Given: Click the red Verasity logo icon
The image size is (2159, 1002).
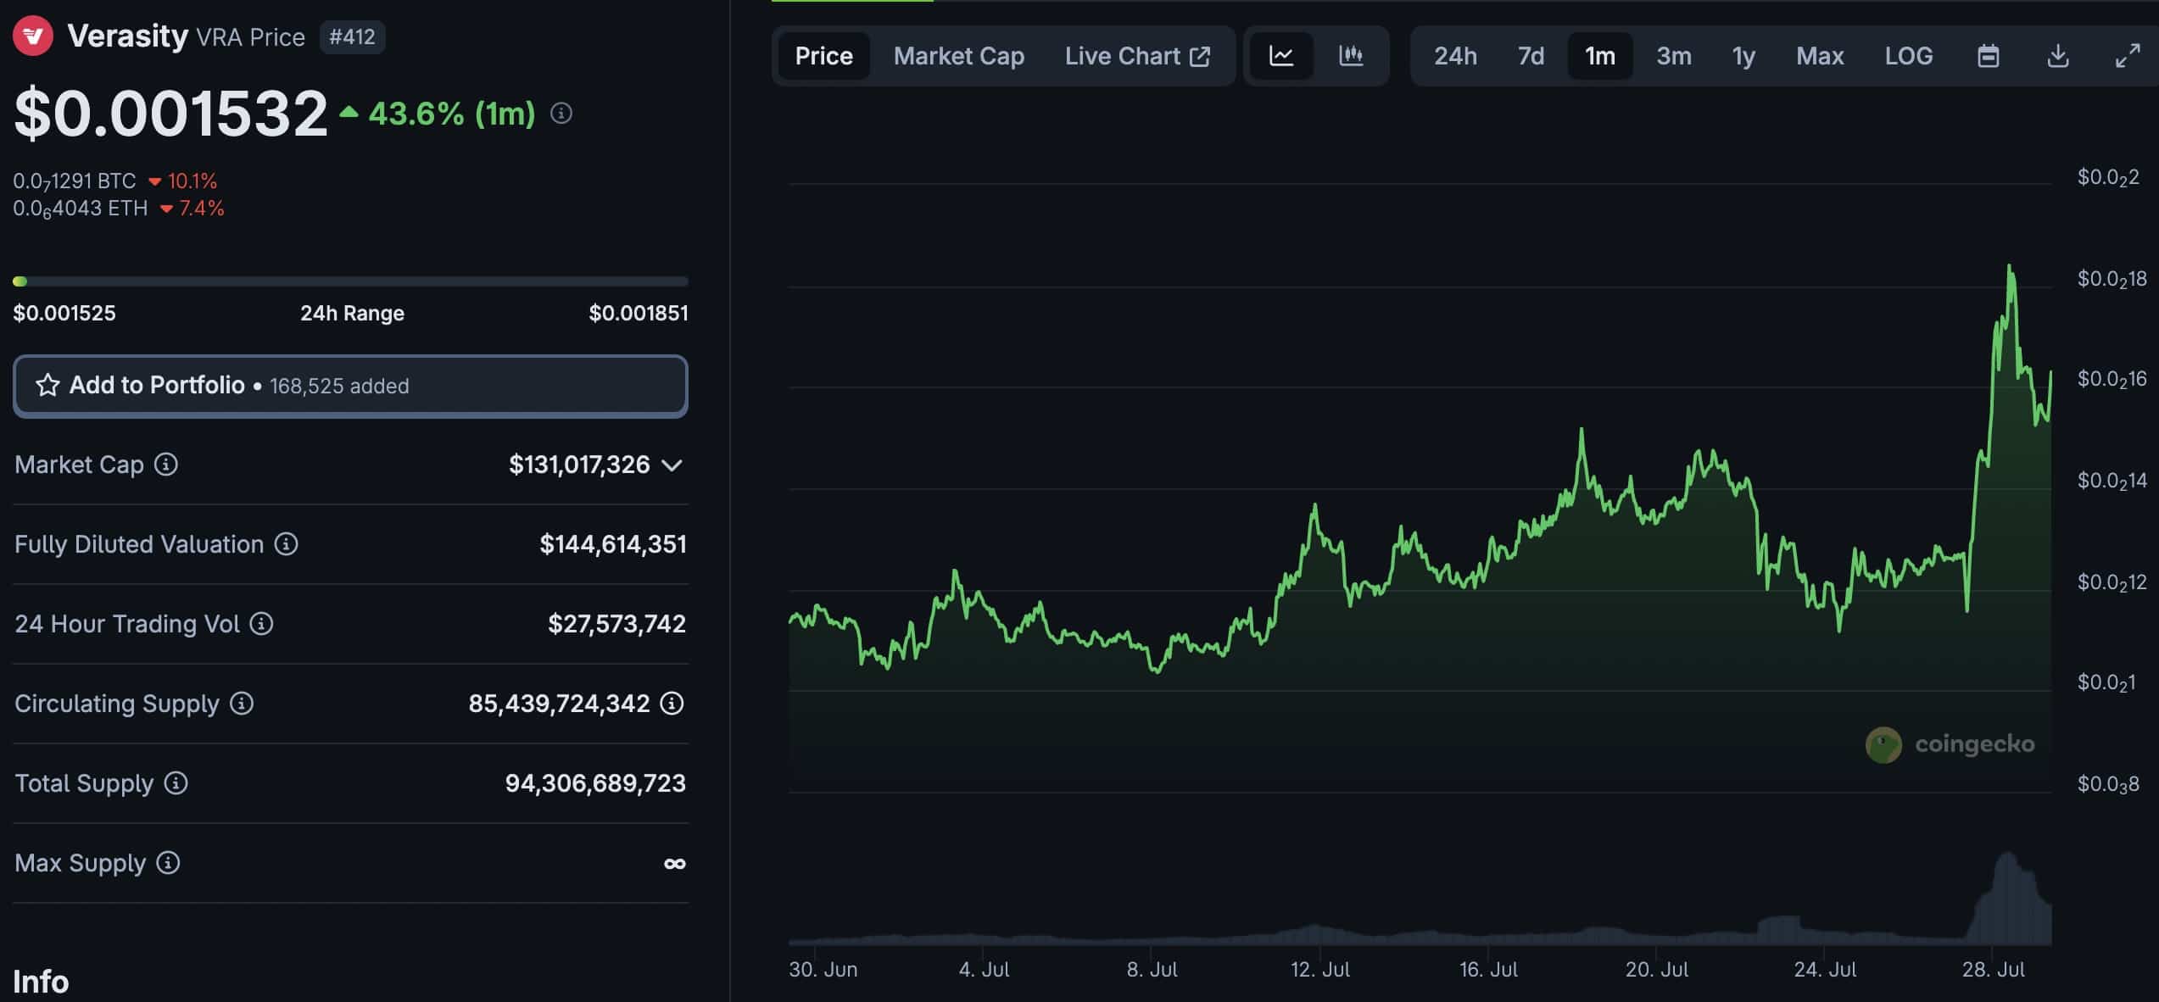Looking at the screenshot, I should [x=33, y=36].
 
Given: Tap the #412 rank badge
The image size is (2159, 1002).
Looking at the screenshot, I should [x=352, y=36].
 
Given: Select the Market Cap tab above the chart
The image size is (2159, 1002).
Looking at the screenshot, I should [x=958, y=56].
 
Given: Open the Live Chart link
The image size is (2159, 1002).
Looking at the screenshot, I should [x=1136, y=56].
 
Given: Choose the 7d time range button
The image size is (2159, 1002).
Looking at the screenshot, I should [x=1530, y=56].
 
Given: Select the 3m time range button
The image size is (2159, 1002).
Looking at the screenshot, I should [x=1673, y=56].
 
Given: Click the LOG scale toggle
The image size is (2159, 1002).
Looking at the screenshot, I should [x=1908, y=56].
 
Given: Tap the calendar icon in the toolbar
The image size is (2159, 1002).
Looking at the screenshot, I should [x=1988, y=56].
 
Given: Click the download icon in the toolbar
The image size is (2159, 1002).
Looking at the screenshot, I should [x=2057, y=56].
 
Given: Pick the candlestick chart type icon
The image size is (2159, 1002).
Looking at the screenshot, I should [x=1350, y=56].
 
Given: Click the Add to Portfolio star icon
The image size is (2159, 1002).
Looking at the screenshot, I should [x=47, y=386].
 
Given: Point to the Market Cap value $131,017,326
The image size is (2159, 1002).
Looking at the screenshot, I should [x=579, y=465].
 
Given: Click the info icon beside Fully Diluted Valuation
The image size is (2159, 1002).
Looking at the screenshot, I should [x=286, y=544].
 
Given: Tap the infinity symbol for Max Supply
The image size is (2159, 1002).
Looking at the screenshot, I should [x=674, y=864].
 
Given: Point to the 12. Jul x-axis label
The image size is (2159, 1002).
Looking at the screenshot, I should [x=1319, y=969].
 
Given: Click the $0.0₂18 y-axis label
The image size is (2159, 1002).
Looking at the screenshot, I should [x=2111, y=279].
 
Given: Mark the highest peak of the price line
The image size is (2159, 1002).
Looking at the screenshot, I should [x=2009, y=267].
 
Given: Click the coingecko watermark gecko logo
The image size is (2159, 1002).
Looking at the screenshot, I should [x=1883, y=744].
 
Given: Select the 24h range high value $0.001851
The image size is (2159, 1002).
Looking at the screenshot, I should [x=638, y=313].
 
